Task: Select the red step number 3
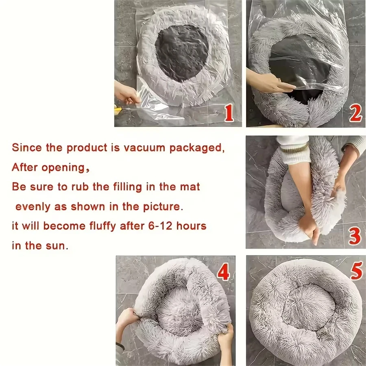click(355, 236)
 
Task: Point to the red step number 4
click(223, 272)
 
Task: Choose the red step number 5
click(356, 271)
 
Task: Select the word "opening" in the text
click(62, 167)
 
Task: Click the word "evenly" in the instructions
click(34, 206)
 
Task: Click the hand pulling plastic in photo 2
click(268, 83)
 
